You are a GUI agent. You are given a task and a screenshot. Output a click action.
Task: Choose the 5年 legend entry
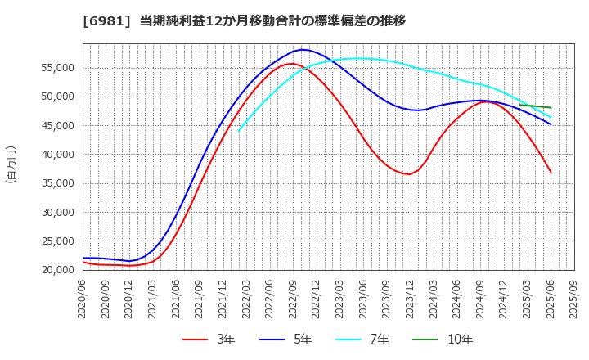coord(291,340)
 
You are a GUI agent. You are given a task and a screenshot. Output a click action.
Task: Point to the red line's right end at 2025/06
coord(551,172)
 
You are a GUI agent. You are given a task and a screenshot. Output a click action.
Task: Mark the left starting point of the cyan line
coord(239,131)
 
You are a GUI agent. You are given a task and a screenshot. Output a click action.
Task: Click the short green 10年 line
coord(536,106)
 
